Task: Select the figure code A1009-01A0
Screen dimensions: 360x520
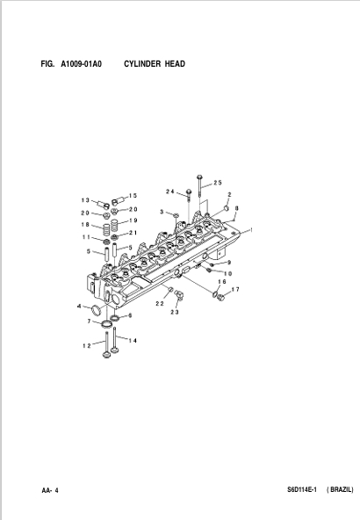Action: point(81,63)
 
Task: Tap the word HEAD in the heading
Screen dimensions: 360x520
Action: point(175,63)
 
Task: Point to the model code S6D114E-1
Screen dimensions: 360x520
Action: point(302,489)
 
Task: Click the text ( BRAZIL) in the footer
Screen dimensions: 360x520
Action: point(340,489)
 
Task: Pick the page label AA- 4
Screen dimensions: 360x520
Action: point(50,490)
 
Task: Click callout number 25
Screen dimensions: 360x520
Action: point(218,183)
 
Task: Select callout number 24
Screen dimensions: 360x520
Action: point(170,191)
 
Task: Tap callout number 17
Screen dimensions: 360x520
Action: point(235,290)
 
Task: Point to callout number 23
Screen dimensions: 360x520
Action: point(175,312)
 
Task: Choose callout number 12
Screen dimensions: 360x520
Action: point(87,346)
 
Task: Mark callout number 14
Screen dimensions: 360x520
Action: point(133,341)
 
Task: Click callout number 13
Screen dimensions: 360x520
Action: point(85,200)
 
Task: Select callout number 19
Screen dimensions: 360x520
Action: point(133,220)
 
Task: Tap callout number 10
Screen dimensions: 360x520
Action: point(227,273)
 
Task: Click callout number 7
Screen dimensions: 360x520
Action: point(89,321)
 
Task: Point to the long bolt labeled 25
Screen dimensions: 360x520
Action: point(199,187)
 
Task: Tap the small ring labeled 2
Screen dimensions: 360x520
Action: point(226,208)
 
